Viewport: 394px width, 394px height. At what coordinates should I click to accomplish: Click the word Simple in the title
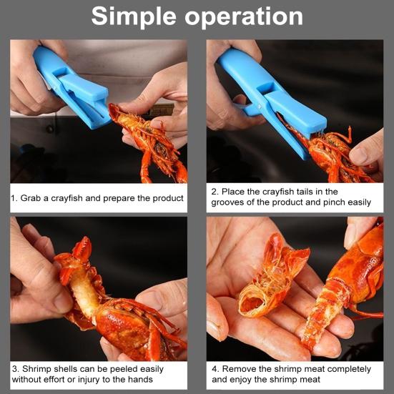tap(134, 17)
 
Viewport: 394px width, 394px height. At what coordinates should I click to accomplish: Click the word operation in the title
tap(244, 16)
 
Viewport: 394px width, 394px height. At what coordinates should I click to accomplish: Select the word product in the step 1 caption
tap(168, 199)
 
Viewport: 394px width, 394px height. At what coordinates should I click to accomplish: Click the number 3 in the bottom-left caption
tap(15, 369)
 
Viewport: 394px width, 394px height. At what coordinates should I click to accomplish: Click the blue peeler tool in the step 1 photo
tap(73, 88)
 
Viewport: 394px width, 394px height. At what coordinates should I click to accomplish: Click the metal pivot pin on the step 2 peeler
tap(260, 107)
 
